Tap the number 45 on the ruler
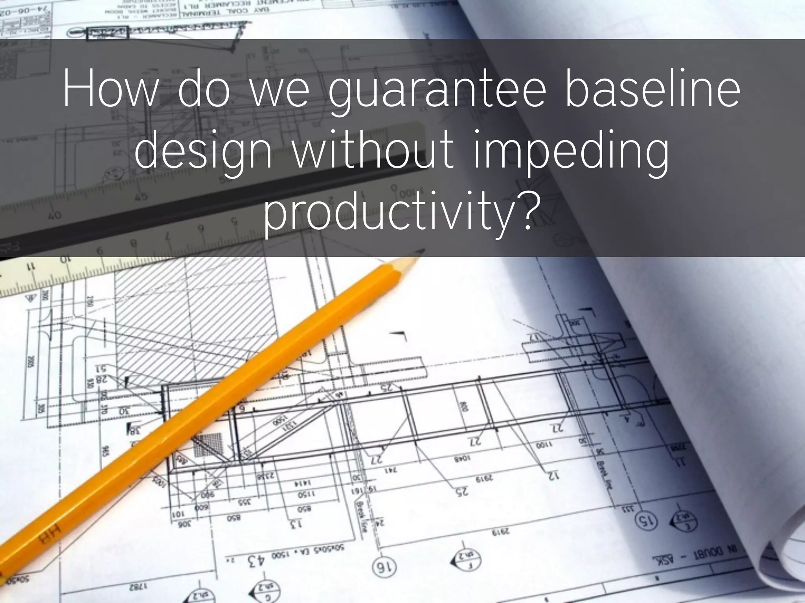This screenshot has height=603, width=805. click(141, 196)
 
